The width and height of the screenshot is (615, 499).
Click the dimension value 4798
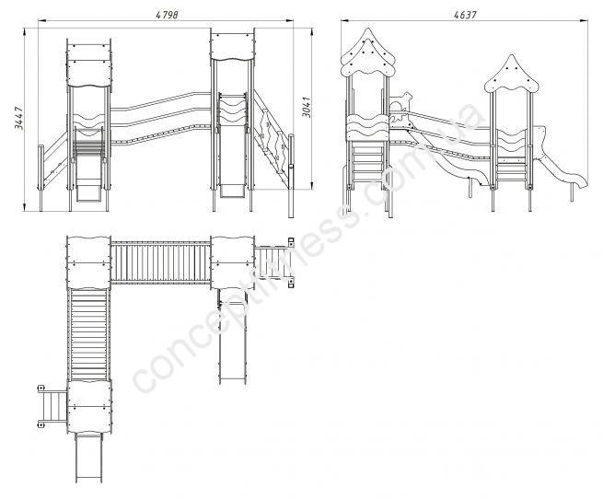[x=167, y=15]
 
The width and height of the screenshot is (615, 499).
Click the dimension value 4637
[x=465, y=15]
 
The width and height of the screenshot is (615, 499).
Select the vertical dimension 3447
[x=18, y=118]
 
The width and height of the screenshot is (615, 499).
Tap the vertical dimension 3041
[x=307, y=107]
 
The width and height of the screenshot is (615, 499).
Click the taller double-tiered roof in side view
[x=367, y=54]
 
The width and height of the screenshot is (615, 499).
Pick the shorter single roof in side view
[x=511, y=75]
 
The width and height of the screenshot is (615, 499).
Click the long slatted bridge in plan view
[x=160, y=262]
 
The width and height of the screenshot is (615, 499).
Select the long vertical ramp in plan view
[x=88, y=334]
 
